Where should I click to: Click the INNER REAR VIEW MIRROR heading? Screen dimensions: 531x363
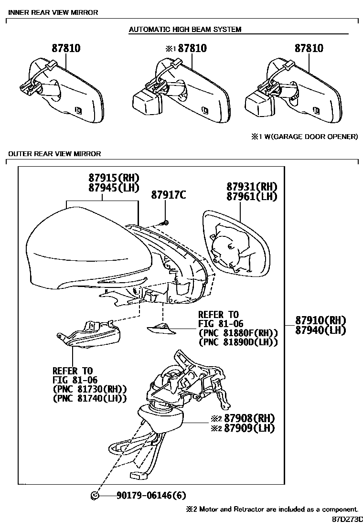click(x=53, y=12)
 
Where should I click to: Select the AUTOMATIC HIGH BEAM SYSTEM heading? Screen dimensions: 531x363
click(x=185, y=30)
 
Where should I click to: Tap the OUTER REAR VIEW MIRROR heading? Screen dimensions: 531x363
click(x=54, y=154)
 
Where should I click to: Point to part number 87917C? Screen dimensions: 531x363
click(x=168, y=195)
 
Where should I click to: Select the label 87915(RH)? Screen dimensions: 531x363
click(x=113, y=178)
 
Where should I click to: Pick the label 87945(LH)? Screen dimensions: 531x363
click(x=113, y=188)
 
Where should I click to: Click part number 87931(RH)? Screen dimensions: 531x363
click(x=252, y=186)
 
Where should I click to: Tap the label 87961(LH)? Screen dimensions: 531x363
click(x=252, y=196)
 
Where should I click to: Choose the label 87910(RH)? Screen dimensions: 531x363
click(x=320, y=320)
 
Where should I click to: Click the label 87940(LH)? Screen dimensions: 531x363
click(x=320, y=330)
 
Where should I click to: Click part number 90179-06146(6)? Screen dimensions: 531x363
click(x=151, y=496)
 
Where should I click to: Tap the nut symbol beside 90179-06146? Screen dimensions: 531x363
click(x=95, y=496)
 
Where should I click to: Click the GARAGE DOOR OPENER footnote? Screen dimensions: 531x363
click(x=305, y=137)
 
